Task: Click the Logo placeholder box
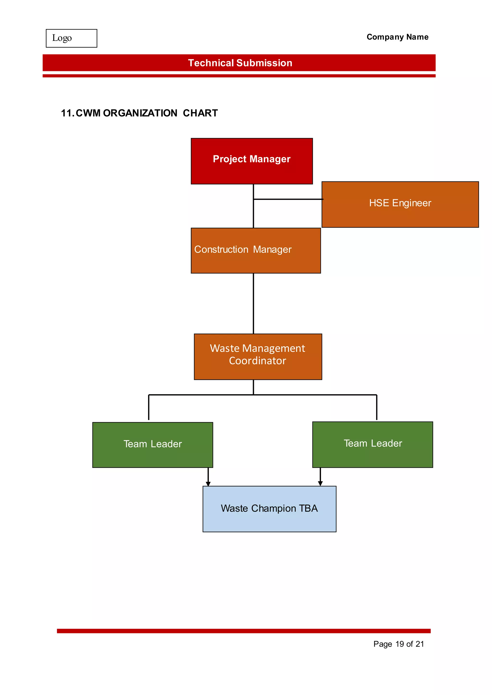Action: [x=72, y=38]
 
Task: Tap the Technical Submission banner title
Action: [x=240, y=63]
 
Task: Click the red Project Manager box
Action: [x=252, y=161]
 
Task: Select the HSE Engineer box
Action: [x=400, y=204]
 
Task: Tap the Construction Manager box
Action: [x=256, y=251]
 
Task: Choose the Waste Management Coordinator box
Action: [x=258, y=357]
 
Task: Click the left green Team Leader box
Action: [x=153, y=445]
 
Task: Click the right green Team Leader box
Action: [x=373, y=444]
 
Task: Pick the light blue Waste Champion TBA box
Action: [x=269, y=509]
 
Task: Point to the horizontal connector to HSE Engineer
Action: [x=288, y=199]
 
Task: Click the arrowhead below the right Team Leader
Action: [x=320, y=483]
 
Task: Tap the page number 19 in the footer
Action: [x=399, y=644]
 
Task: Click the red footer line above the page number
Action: [x=244, y=631]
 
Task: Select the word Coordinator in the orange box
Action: [x=257, y=361]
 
